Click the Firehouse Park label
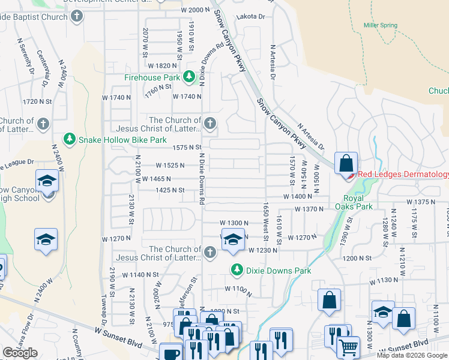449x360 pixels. pyautogui.click(x=152, y=77)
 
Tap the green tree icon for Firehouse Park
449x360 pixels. pyautogui.click(x=188, y=77)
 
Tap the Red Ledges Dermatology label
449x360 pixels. pyautogui.click(x=403, y=175)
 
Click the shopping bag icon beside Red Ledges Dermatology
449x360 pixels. pyautogui.click(x=346, y=163)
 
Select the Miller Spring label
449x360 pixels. pyautogui.click(x=381, y=25)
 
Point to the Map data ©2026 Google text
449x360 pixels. pyautogui.click(x=412, y=355)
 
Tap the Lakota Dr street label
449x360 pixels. pyautogui.click(x=250, y=17)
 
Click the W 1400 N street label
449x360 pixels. pyautogui.click(x=298, y=196)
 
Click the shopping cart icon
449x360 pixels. pyautogui.click(x=349, y=346)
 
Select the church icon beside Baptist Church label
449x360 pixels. pyautogui.click(x=76, y=17)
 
